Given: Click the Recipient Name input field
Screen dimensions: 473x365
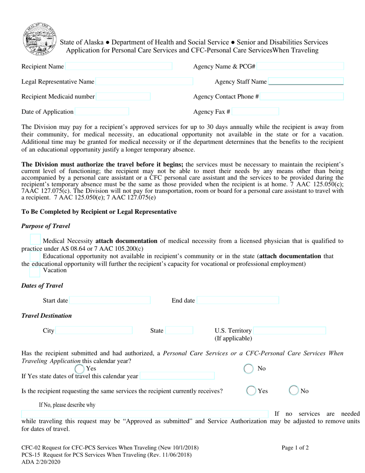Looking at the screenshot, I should click(x=119, y=67).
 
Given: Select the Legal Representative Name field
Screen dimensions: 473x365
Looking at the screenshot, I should click(x=144, y=82).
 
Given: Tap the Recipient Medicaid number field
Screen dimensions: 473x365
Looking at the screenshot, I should click(x=123, y=97).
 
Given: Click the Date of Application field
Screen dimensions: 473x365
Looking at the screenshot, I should click(x=102, y=112).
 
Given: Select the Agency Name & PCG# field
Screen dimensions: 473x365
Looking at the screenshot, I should click(x=300, y=67).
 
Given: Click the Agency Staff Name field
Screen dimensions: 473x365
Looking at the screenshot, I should click(x=306, y=82).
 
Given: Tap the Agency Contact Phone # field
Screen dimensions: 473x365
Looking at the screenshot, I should click(x=302, y=97).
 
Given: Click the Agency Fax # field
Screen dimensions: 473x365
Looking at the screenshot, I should click(x=255, y=112).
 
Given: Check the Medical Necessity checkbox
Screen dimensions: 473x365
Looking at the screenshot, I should click(x=35, y=240).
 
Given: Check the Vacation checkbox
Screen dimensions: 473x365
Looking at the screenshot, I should click(x=35, y=271).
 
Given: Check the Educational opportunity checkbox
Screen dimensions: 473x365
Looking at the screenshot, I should click(x=35, y=256).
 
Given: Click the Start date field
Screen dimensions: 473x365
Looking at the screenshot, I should click(x=110, y=300).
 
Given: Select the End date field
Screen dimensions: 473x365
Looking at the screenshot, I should click(x=238, y=300).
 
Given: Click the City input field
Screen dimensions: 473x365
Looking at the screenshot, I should click(x=94, y=331).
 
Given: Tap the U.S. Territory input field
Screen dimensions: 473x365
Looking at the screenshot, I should click(x=290, y=331).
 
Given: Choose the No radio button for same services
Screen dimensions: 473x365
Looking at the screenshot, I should click(x=294, y=390).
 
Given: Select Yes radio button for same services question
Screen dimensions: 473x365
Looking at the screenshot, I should click(x=251, y=390).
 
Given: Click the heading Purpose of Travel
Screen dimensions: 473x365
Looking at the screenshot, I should click(x=46, y=226).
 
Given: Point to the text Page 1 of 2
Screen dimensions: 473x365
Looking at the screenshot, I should click(x=295, y=447).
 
